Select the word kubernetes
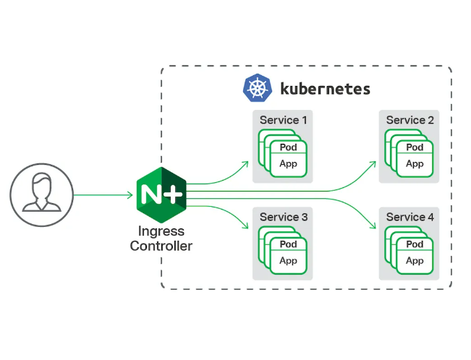click(x=325, y=89)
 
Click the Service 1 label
click(x=283, y=120)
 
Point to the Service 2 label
click(x=410, y=120)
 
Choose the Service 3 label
click(x=283, y=217)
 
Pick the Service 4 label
click(x=410, y=217)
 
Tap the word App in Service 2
click(x=415, y=163)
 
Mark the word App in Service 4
click(x=415, y=260)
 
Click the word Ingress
click(x=161, y=231)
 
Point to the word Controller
click(x=161, y=246)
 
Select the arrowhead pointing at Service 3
click(x=245, y=226)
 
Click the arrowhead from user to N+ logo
click(x=130, y=195)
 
